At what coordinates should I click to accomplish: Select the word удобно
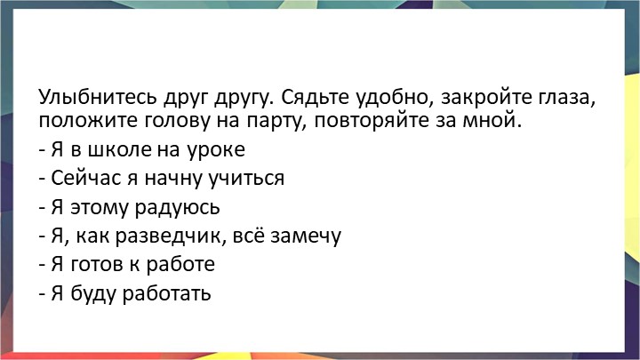click(382, 97)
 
